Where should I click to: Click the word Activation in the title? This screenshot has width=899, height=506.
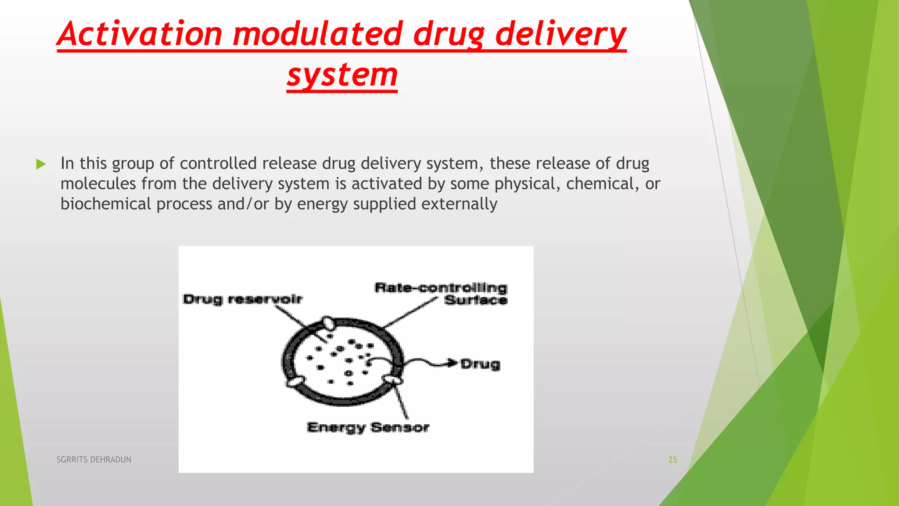(x=140, y=34)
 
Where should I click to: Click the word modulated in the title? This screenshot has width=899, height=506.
(x=317, y=34)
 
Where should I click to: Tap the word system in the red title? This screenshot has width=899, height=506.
(x=342, y=75)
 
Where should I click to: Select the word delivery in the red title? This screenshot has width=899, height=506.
(x=561, y=34)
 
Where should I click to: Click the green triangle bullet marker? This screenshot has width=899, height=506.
(x=41, y=165)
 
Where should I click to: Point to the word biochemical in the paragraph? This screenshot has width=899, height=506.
(x=105, y=204)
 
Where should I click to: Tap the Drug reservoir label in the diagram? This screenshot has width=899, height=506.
(x=243, y=300)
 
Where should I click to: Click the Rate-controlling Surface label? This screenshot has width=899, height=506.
(x=441, y=293)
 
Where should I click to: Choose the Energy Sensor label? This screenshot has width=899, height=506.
(x=368, y=427)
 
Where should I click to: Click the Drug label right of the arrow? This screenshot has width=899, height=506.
(x=480, y=364)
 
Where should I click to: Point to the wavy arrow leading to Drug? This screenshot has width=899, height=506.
(x=426, y=362)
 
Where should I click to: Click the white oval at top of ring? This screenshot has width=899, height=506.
(x=327, y=323)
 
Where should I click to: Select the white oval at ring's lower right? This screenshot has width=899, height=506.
(x=392, y=379)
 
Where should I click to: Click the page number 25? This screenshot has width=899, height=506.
(x=672, y=459)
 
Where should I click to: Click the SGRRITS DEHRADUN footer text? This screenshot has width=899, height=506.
(x=94, y=459)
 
